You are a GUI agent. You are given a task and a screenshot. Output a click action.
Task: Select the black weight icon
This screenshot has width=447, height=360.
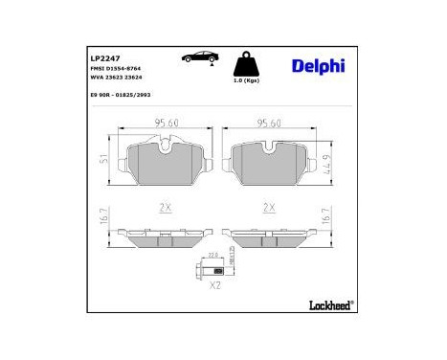click(x=249, y=65)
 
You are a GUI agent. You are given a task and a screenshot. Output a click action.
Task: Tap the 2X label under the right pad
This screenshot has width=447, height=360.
click(x=269, y=207)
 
